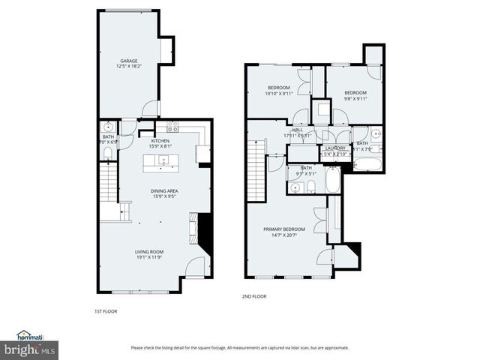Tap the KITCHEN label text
click(x=160, y=141)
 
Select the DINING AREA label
click(x=163, y=190)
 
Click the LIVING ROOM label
click(x=150, y=252)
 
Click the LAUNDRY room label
click(x=335, y=148)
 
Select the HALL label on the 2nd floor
click(x=297, y=130)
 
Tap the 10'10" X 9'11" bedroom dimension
click(x=279, y=94)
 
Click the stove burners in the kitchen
click(x=172, y=127)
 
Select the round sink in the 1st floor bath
click(x=109, y=126)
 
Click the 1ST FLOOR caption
click(x=105, y=311)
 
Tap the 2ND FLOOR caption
click(x=254, y=296)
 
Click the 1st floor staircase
click(x=109, y=191)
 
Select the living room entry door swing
click(x=196, y=266)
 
